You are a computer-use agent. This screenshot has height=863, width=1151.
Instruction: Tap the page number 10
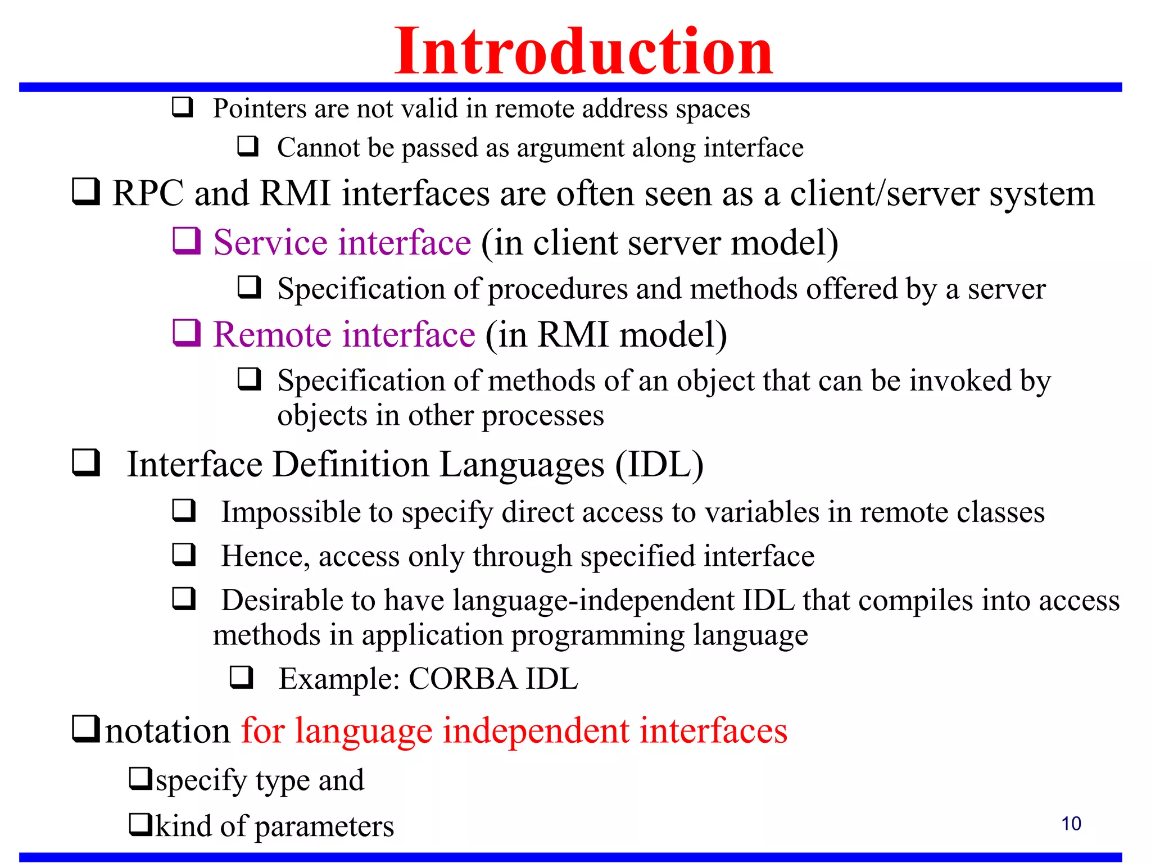(x=1071, y=824)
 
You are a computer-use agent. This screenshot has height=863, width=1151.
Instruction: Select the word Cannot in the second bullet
(x=318, y=148)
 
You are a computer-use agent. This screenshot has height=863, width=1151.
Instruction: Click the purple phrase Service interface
(x=342, y=243)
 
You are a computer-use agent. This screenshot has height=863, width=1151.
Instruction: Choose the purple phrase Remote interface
(x=344, y=335)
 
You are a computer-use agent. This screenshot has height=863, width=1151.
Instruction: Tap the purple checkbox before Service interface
(x=186, y=241)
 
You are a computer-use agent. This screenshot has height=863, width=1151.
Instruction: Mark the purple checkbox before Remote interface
(x=186, y=333)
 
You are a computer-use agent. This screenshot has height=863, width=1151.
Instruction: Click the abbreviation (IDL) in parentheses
(x=659, y=465)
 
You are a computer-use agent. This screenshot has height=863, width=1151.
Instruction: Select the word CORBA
(x=463, y=679)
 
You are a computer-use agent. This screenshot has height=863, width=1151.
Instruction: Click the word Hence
(x=265, y=556)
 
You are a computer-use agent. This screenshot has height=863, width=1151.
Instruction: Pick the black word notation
(x=167, y=731)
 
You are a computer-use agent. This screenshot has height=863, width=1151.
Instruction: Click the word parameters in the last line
(x=324, y=826)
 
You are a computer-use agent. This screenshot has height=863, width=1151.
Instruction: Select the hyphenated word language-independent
(x=595, y=601)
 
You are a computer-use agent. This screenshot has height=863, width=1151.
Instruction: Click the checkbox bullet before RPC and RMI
(x=86, y=192)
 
